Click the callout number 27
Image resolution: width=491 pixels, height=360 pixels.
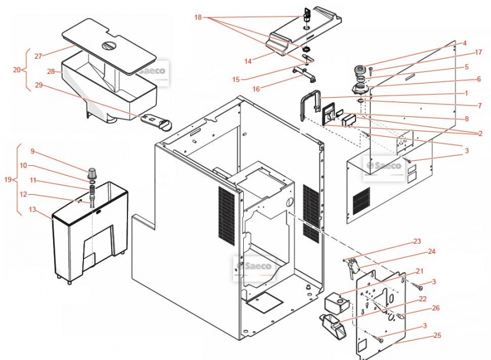pyautogui.click(x=38, y=56)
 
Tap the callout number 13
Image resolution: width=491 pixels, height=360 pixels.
pyautogui.click(x=32, y=210)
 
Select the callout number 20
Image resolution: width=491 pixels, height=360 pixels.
pyautogui.click(x=16, y=70)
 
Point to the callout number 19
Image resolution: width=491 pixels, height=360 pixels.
pyautogui.click(x=7, y=180)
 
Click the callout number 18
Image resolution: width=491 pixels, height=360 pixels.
pyautogui.click(x=198, y=17)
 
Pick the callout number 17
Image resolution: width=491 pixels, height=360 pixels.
pyautogui.click(x=479, y=52)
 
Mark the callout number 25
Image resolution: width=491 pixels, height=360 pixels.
pyautogui.click(x=437, y=336)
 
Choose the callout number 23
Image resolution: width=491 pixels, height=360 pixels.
pyautogui.click(x=417, y=242)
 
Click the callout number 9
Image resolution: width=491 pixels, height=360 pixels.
pyautogui.click(x=33, y=151)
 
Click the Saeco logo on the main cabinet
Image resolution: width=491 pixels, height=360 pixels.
pyautogui.click(x=254, y=266)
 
